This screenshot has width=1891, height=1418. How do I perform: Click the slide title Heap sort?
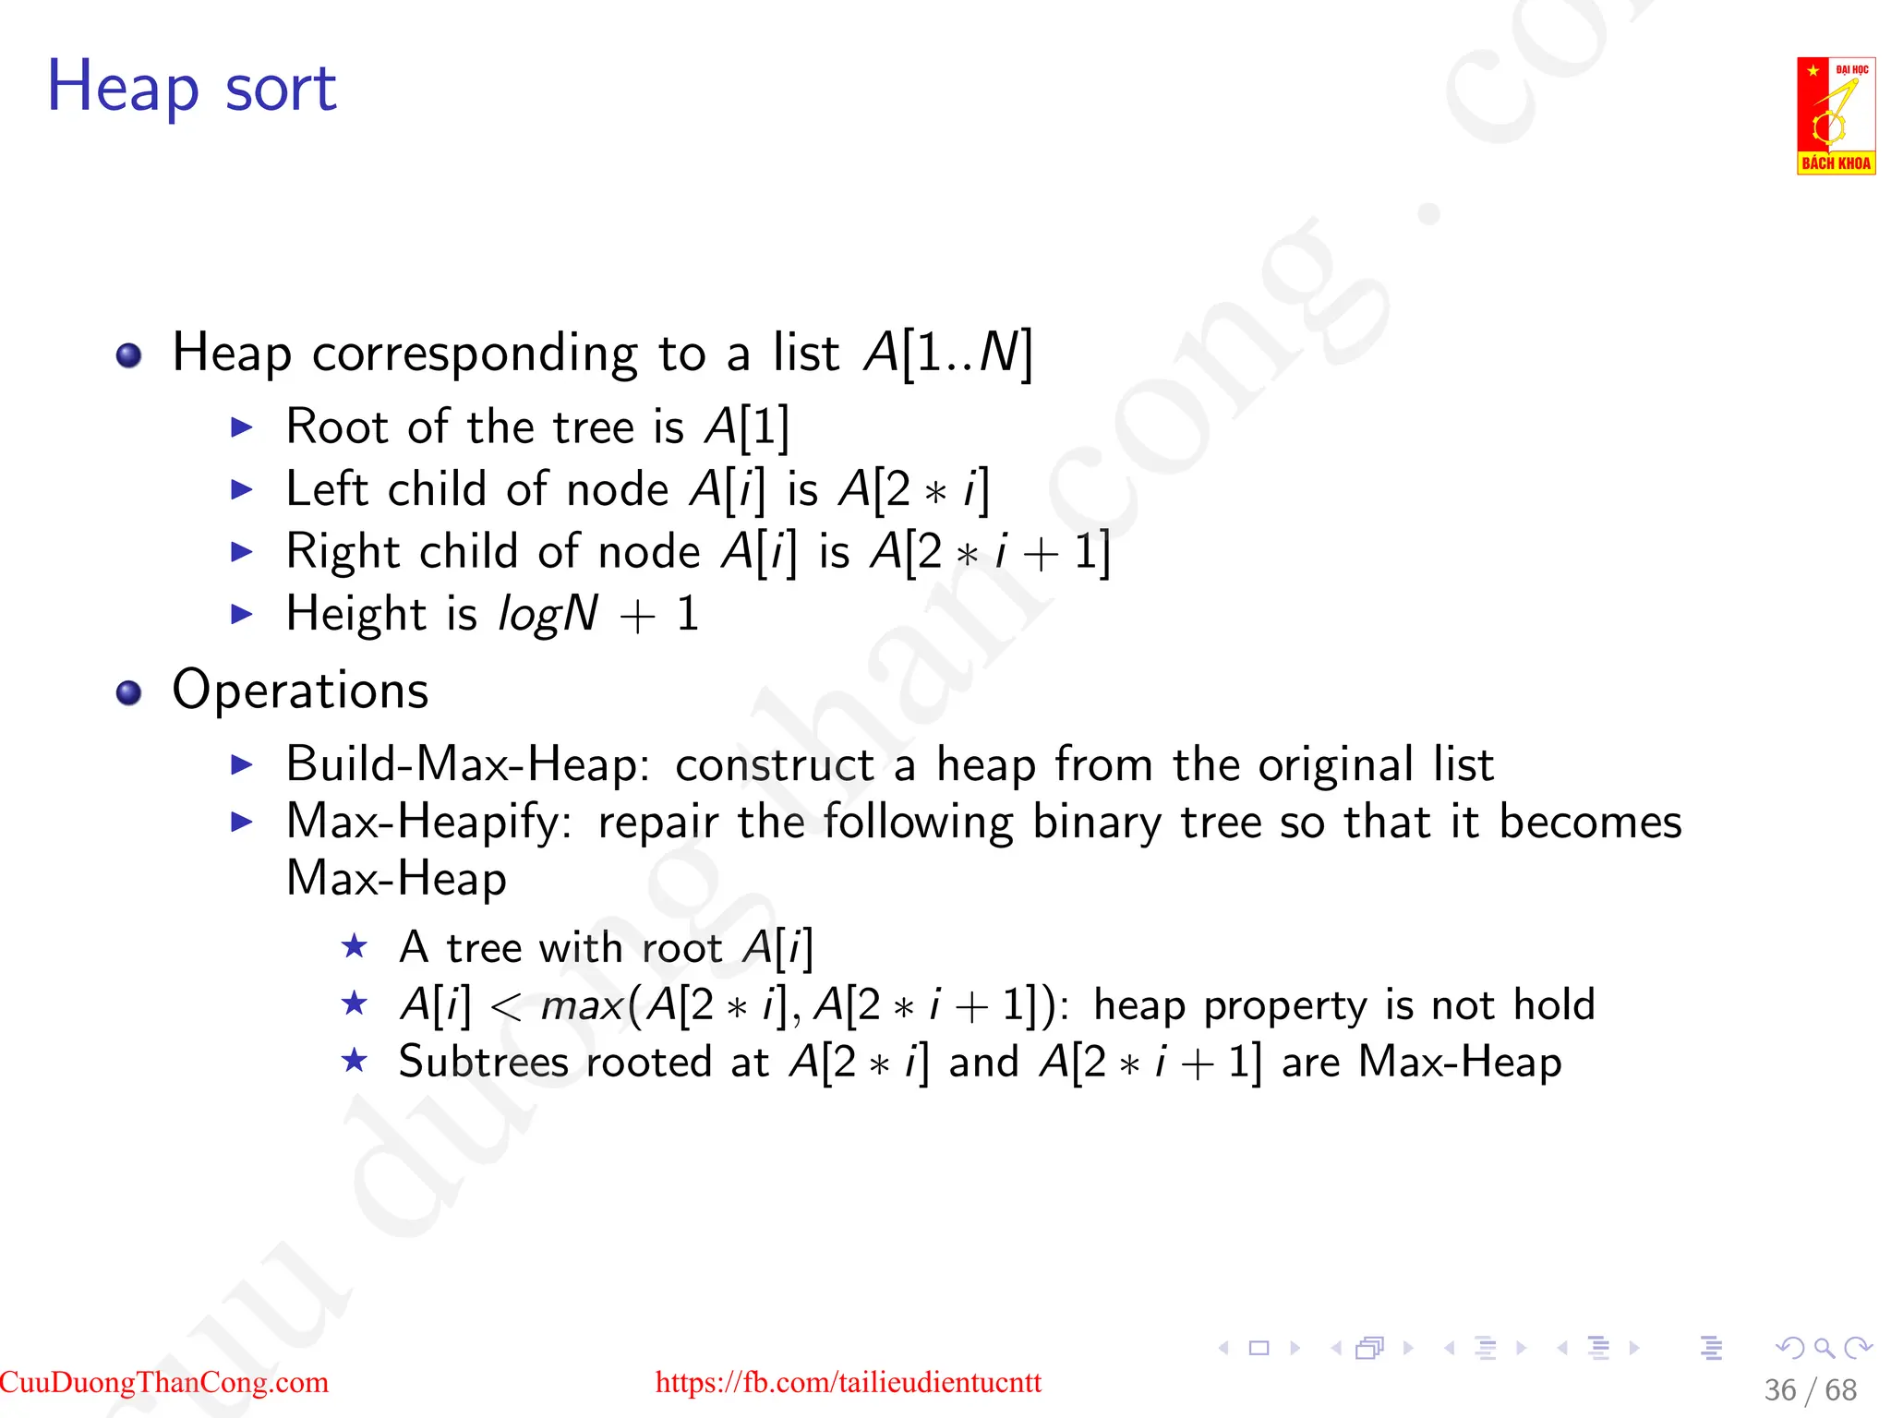tap(191, 88)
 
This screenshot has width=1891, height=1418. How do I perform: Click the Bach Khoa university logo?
tap(1835, 115)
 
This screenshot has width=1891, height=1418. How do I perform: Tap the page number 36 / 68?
tap(1810, 1389)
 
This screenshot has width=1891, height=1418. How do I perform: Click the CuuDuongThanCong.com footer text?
tap(164, 1382)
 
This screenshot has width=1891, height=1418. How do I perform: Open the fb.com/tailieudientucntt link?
tap(848, 1382)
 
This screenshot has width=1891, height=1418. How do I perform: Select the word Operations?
tap(300, 691)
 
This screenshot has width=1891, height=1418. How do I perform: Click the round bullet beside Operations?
tap(129, 692)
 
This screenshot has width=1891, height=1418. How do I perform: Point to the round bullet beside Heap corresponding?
tap(129, 355)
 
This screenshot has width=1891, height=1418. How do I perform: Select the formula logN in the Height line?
tap(548, 614)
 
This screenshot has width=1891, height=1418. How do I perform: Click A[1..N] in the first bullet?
tap(947, 353)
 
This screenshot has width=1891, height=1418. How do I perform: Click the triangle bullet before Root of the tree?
tap(242, 427)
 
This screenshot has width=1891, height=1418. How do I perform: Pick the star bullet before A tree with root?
tap(355, 946)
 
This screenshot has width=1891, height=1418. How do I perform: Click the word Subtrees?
tap(483, 1062)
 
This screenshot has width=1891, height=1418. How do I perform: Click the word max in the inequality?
tap(582, 1005)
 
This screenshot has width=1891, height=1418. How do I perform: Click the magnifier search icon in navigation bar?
tap(1824, 1348)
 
